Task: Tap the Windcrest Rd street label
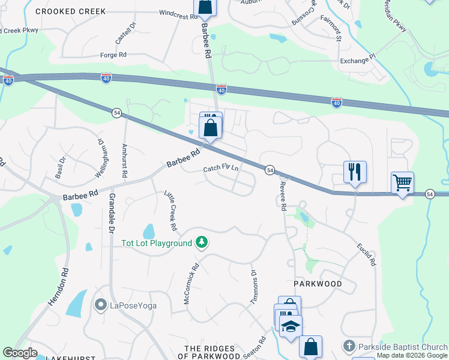point(178,15)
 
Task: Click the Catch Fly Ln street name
point(221,169)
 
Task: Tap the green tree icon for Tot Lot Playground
point(203,242)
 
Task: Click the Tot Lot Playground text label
point(156,243)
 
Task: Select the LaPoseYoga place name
point(133,305)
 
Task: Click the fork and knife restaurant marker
point(355,172)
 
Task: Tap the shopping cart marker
point(402,182)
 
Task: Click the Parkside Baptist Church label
point(403,347)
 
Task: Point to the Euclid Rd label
point(366,254)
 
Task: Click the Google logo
point(20,353)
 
